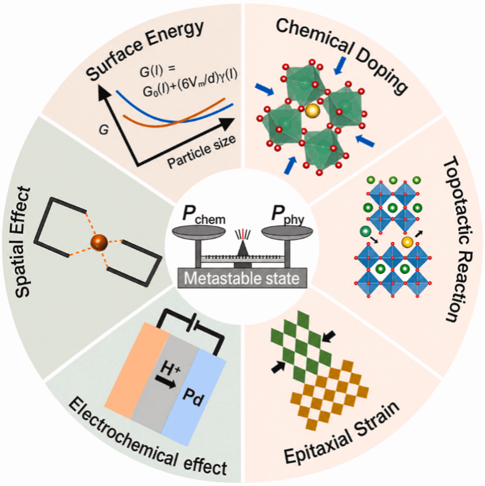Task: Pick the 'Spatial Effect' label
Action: (x=22, y=242)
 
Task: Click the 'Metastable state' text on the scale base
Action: (x=242, y=278)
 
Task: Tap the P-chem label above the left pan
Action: (x=203, y=215)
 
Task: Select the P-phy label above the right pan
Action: (x=287, y=215)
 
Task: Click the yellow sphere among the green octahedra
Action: (x=312, y=111)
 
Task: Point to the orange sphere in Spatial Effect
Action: (x=99, y=243)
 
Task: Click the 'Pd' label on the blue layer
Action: (x=193, y=398)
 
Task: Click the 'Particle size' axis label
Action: (x=201, y=152)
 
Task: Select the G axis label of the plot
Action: (x=103, y=130)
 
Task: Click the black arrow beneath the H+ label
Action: (x=165, y=382)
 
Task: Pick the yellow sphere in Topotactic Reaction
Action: (x=407, y=241)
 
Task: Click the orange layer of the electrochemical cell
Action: (x=137, y=372)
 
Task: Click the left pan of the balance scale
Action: (x=198, y=231)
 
